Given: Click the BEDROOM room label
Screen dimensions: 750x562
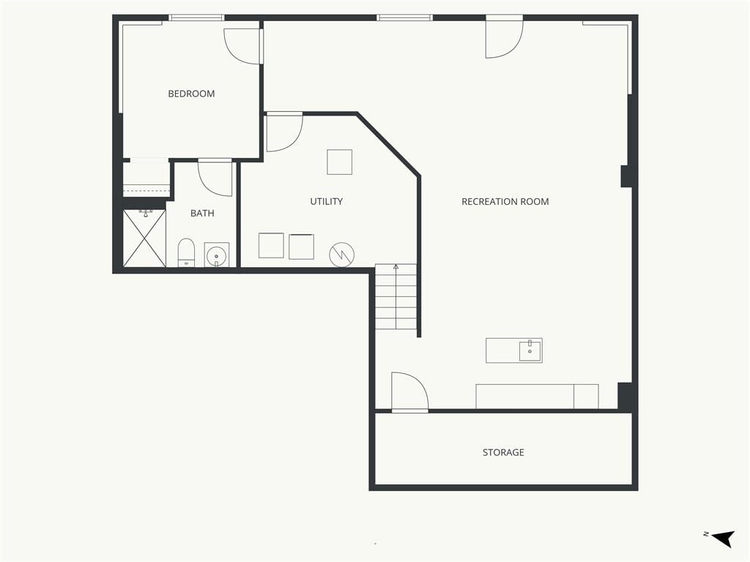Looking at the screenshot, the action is tap(191, 94).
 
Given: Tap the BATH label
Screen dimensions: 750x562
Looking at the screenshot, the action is tap(202, 213).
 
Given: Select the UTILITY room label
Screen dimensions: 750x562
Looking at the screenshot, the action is tap(326, 201).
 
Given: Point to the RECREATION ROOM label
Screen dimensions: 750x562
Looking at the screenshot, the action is tap(505, 202).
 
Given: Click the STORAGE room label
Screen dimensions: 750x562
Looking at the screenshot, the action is tap(503, 452).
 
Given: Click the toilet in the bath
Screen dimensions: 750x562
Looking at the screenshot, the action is tap(186, 252).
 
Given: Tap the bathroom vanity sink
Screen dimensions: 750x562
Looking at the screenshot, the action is tap(217, 255).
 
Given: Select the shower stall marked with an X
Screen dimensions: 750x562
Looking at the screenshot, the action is tap(144, 238).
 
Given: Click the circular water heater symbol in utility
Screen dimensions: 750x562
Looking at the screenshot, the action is tap(342, 255).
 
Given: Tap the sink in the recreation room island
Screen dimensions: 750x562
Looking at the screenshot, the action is tap(530, 351).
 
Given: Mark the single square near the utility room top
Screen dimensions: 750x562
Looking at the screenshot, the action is tap(340, 162).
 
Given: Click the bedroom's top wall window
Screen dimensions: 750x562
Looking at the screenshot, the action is tap(196, 18).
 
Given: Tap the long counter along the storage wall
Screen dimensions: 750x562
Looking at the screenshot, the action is tap(537, 396).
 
